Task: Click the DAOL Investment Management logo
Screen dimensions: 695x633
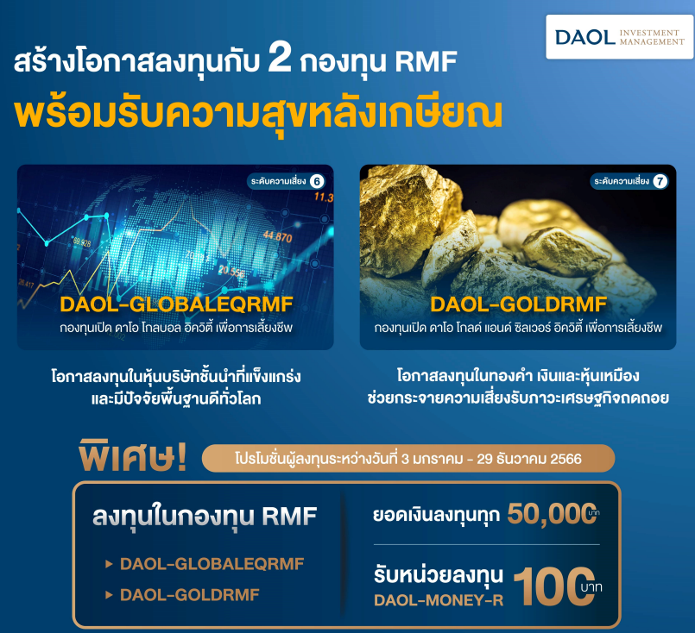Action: point(619,37)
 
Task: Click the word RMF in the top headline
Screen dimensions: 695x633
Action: point(426,61)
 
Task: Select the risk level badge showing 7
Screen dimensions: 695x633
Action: point(629,181)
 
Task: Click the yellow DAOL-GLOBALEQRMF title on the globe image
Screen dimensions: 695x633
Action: point(176,304)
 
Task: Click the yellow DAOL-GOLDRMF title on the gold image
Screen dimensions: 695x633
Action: point(518,304)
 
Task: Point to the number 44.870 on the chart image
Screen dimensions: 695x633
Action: point(278,237)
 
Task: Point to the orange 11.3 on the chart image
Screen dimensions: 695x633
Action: point(324,197)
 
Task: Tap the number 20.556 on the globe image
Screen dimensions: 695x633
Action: point(231,272)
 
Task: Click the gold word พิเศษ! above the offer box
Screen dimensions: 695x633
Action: point(132,455)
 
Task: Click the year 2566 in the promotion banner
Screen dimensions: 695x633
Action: point(565,459)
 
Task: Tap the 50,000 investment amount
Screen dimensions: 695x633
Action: point(552,514)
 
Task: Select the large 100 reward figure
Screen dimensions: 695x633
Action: point(554,587)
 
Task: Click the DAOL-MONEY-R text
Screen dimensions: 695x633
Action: point(439,600)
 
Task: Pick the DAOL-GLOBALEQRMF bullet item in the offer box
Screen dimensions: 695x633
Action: point(212,564)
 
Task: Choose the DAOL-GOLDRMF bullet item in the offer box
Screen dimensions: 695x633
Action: point(190,595)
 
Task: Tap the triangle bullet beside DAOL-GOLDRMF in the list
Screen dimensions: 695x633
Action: point(109,595)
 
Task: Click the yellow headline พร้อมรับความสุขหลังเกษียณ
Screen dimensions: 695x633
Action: point(258,114)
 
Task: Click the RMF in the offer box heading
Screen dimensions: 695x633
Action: point(289,516)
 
